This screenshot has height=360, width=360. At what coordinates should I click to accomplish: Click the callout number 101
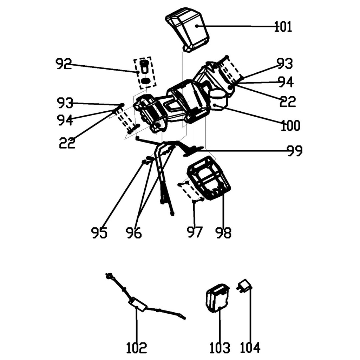coord(283,27)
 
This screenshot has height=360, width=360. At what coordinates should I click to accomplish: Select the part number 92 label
coord(64,64)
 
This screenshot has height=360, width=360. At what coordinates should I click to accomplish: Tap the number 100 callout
coord(290,125)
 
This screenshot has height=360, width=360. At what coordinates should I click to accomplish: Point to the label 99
coord(294,151)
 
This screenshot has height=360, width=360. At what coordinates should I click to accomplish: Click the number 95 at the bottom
coord(99,233)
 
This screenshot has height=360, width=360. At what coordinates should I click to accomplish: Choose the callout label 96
coord(134,233)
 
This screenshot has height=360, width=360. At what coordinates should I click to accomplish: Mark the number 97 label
coord(195,232)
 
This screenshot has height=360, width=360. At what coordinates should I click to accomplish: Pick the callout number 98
coord(224,233)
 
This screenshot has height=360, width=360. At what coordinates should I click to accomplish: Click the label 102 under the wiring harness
coord(136,348)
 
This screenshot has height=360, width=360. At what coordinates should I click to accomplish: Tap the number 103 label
coord(220,348)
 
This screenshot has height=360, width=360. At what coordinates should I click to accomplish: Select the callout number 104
coord(250,348)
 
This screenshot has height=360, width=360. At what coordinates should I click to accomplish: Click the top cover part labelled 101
coord(190,28)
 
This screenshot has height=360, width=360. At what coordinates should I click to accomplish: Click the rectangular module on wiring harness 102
coord(137,304)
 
